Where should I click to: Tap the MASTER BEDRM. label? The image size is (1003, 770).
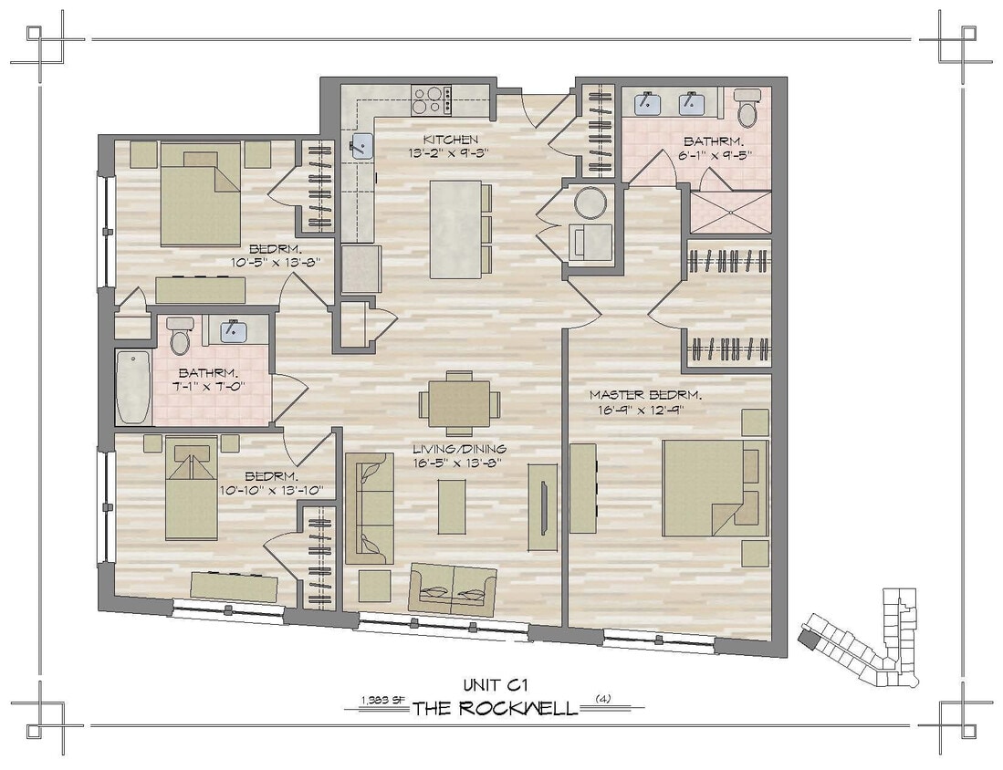(x=644, y=395)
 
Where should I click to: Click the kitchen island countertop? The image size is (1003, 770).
(x=454, y=228)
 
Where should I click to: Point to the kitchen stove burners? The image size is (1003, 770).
(x=431, y=99)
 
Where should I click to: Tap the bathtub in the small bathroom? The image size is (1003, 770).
(x=134, y=388)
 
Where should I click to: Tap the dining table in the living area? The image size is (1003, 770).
(x=459, y=402)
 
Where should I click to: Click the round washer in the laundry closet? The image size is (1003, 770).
(x=590, y=203)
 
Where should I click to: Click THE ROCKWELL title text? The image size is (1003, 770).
(x=496, y=708)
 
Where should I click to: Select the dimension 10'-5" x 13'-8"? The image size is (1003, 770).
(x=281, y=262)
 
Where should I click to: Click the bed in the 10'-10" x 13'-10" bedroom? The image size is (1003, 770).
(x=192, y=489)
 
